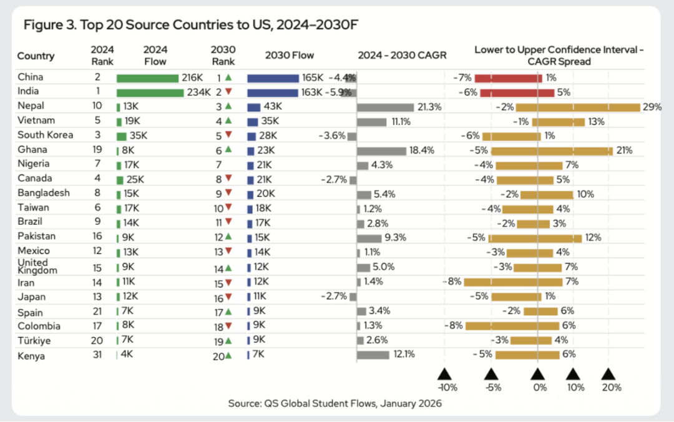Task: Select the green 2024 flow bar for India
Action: pos(149,92)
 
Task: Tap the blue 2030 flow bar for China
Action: pos(273,78)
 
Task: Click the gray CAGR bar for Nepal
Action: pos(385,107)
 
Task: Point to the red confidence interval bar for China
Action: pos(508,78)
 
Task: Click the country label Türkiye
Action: pos(34,341)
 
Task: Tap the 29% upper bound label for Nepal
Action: pos(652,107)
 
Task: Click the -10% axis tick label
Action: pos(447,387)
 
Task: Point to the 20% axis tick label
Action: pos(612,387)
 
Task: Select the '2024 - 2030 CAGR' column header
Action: pos(402,56)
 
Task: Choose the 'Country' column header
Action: pos(36,56)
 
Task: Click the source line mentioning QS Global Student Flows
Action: pos(335,404)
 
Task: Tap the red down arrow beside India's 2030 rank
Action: pos(228,92)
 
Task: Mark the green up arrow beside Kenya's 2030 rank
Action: pos(229,356)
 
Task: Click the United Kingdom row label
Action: pos(37,267)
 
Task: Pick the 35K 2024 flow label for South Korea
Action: pos(139,135)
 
